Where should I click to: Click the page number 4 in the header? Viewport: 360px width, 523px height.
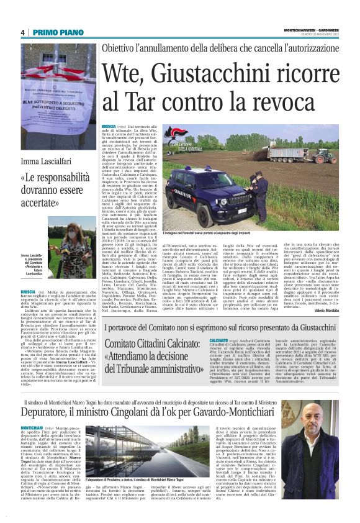[x=22, y=33]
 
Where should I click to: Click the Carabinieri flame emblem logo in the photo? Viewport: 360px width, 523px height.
[x=169, y=133]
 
